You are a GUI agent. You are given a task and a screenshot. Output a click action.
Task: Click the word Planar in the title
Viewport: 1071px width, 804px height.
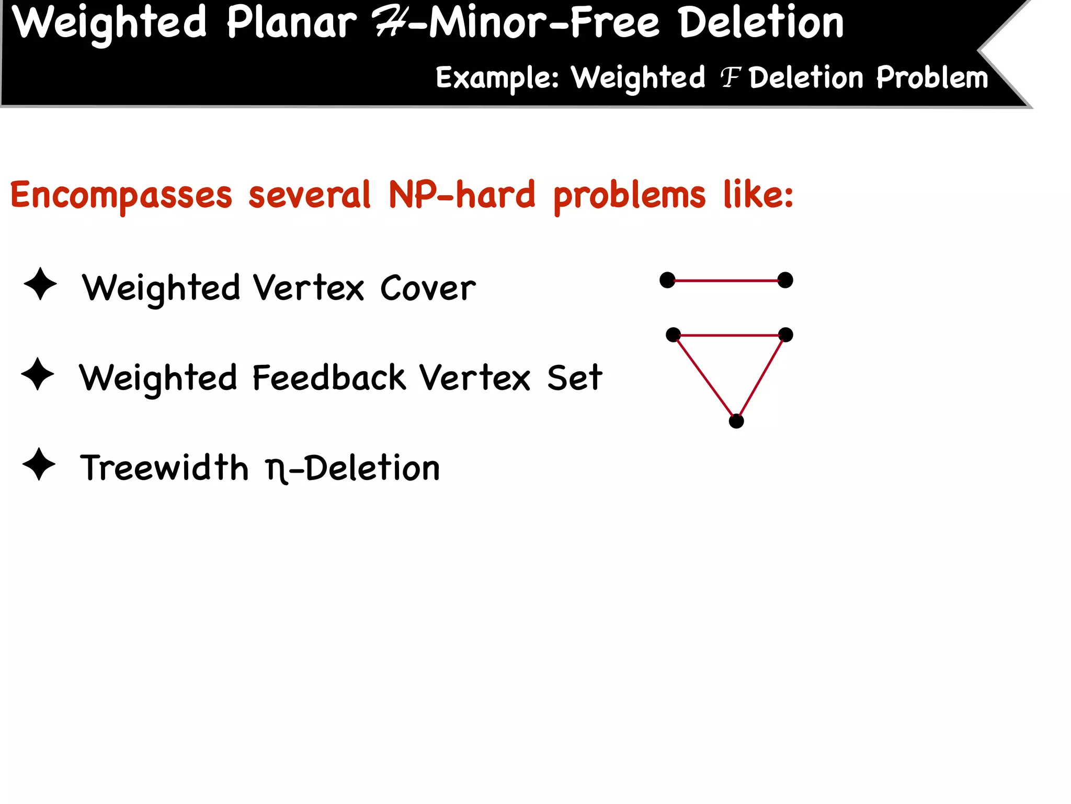(x=291, y=23)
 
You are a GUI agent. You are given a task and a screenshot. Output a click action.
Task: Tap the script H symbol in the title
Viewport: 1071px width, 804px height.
(x=390, y=24)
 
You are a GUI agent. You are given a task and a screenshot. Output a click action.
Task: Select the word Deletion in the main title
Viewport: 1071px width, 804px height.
(x=761, y=23)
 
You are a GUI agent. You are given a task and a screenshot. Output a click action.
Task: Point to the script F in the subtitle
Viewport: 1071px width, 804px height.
(x=731, y=79)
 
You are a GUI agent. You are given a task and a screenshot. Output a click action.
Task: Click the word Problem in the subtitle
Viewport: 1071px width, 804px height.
(x=932, y=79)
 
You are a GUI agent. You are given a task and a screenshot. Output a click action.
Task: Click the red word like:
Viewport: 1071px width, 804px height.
(x=758, y=195)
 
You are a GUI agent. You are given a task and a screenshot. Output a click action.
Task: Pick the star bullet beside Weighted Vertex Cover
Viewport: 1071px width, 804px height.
(x=40, y=284)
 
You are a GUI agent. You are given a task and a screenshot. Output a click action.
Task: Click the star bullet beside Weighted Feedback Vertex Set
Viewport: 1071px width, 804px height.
(x=38, y=374)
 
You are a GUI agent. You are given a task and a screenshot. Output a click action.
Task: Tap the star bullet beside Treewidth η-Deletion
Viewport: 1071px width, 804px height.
(x=39, y=464)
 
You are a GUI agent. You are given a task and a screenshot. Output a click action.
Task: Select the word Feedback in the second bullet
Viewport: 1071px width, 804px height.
(x=329, y=378)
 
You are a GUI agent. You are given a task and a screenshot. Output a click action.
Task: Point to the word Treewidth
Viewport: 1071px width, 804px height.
(x=164, y=468)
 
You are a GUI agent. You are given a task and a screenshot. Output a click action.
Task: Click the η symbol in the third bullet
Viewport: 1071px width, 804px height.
(x=276, y=470)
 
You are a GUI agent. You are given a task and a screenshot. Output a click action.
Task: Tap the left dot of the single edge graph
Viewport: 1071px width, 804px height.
(x=667, y=280)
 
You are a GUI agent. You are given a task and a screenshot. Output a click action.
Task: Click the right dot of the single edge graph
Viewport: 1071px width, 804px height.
(x=785, y=280)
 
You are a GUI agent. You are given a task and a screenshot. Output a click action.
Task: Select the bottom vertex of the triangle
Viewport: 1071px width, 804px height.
(x=736, y=421)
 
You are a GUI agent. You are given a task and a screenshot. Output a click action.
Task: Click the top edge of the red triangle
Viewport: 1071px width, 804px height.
(x=730, y=335)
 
